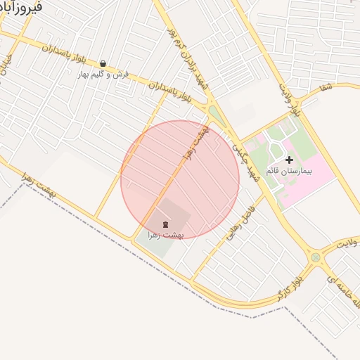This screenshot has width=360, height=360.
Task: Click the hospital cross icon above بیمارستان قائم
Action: tap(289, 160)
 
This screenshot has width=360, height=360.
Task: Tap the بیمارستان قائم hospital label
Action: tap(289, 171)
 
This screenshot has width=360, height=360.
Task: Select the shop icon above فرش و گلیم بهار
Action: tap(103, 63)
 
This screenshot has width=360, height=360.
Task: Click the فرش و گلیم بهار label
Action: tap(103, 74)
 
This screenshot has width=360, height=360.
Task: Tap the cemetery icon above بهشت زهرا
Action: tap(165, 224)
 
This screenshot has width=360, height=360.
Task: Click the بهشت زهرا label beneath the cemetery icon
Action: tap(166, 235)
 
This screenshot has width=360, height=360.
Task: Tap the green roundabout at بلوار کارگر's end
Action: tap(316, 257)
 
